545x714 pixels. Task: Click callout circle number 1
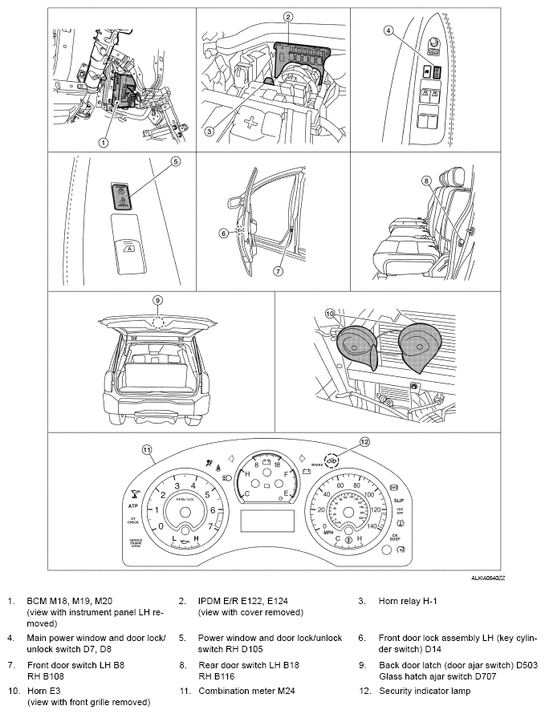pos(103,142)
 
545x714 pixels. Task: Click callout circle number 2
pos(287,16)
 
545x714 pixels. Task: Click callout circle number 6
pos(224,233)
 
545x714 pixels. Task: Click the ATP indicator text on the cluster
pos(133,507)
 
